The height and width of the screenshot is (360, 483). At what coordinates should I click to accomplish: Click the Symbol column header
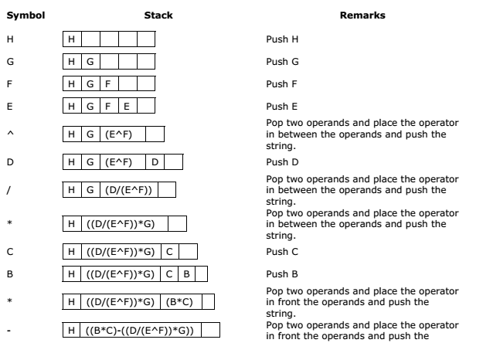26,15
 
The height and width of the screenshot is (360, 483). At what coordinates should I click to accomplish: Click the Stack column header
158,15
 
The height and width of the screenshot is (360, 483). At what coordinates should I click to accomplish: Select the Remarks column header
362,15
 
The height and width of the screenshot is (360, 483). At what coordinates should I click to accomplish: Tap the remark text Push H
282,39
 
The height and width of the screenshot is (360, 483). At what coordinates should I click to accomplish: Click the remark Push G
283,62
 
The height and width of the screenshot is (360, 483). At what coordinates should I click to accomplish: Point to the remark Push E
282,107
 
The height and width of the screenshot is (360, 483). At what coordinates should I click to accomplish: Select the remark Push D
283,162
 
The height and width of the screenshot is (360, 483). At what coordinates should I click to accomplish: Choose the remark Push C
282,252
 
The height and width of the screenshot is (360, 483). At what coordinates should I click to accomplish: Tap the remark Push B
282,274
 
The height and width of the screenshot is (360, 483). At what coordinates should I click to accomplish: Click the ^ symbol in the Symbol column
10,133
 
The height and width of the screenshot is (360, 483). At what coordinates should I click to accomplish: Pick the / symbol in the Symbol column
9,190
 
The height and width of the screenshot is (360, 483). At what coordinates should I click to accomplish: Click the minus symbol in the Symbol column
9,331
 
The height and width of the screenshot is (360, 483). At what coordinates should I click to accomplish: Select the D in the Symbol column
10,162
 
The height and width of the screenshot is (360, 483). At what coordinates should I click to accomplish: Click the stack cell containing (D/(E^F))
129,190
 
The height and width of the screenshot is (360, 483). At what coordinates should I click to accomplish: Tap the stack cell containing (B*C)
181,302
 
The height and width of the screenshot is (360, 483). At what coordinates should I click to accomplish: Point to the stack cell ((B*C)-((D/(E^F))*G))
141,330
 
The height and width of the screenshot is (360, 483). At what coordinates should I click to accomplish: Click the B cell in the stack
186,274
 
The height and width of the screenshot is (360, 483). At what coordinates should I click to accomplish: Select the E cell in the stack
128,107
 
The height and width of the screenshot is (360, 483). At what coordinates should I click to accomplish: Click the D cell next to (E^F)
155,162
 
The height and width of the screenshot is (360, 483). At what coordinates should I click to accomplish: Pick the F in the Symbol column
9,84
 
